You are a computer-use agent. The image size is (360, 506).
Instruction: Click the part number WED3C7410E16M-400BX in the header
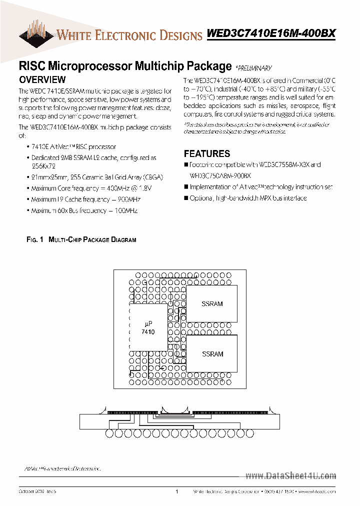(271, 34)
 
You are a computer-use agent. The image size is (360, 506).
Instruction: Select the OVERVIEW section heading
(42, 79)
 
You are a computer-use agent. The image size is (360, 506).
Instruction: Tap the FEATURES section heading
(207, 154)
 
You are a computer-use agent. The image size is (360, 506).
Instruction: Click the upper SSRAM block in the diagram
(212, 304)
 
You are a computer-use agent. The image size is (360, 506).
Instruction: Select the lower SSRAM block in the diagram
(212, 354)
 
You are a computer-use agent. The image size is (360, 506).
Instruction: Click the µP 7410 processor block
(148, 328)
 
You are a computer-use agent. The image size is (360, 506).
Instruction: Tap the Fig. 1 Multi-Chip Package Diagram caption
(81, 240)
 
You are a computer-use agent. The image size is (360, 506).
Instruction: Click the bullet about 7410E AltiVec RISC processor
(73, 147)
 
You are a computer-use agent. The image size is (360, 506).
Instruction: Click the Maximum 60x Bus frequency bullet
(84, 210)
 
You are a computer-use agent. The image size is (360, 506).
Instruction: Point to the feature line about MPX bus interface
(248, 198)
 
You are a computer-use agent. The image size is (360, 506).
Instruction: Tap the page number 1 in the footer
(177, 492)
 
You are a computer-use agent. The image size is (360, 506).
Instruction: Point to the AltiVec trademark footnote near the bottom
(62, 468)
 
